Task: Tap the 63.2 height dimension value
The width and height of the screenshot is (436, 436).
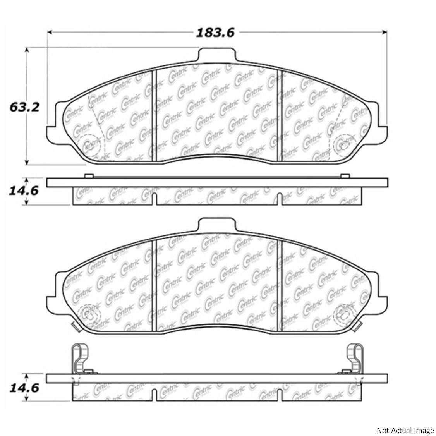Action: point(24,107)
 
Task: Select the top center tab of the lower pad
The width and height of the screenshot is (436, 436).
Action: point(217,225)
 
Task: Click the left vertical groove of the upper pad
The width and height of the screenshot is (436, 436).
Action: point(154,116)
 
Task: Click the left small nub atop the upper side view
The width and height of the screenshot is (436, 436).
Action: point(88,176)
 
